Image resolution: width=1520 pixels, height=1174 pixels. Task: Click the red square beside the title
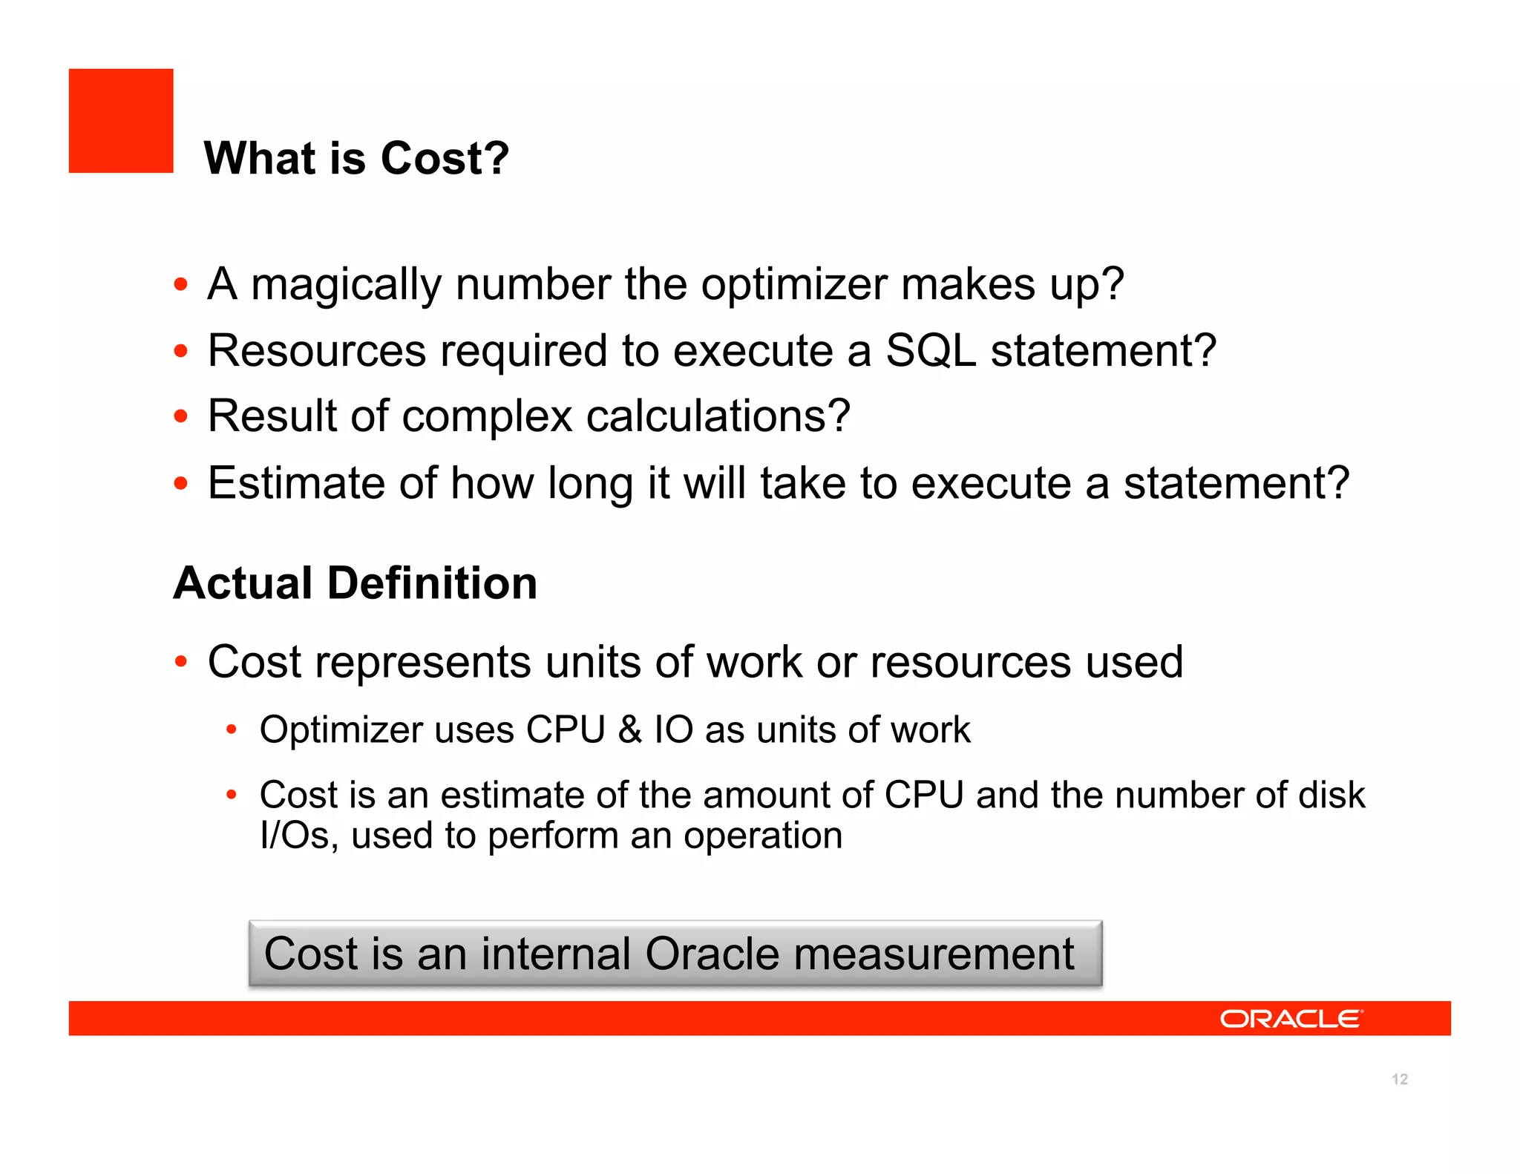click(121, 121)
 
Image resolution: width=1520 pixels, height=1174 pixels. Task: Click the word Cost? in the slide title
click(445, 158)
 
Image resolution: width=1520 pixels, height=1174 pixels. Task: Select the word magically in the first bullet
click(346, 285)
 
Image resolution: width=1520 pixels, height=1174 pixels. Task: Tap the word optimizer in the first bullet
click(793, 285)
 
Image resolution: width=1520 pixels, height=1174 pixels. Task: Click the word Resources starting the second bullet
click(317, 350)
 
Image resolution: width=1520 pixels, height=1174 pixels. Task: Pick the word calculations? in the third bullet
click(718, 416)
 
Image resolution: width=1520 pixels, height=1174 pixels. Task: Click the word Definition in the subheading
click(432, 583)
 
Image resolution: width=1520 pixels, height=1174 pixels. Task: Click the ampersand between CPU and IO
click(629, 729)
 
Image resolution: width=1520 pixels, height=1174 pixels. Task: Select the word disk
click(1331, 795)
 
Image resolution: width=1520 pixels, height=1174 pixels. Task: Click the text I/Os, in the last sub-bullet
click(299, 836)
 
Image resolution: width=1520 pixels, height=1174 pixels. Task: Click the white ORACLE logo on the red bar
click(1291, 1019)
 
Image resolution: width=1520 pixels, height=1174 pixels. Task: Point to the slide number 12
click(1400, 1079)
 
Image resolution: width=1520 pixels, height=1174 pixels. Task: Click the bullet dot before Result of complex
click(180, 416)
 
